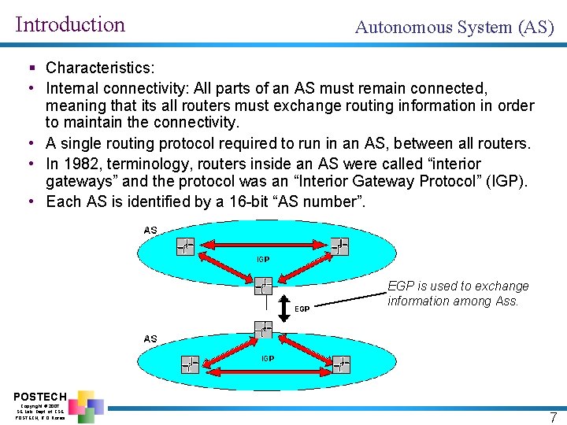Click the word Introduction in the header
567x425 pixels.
(70, 24)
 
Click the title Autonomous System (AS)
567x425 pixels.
(454, 28)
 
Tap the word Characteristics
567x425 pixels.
(99, 68)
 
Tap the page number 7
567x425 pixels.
(553, 417)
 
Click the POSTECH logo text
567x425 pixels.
(40, 396)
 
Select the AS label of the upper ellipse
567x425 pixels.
(150, 230)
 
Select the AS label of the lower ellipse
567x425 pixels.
(150, 338)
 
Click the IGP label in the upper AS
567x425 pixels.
(263, 259)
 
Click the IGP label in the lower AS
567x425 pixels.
(268, 358)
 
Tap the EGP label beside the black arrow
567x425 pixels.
(302, 309)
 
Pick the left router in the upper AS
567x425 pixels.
(186, 247)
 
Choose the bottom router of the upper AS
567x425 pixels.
(263, 285)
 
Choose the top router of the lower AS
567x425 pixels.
(264, 329)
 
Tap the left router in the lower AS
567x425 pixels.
(190, 364)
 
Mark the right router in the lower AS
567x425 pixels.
(341, 364)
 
